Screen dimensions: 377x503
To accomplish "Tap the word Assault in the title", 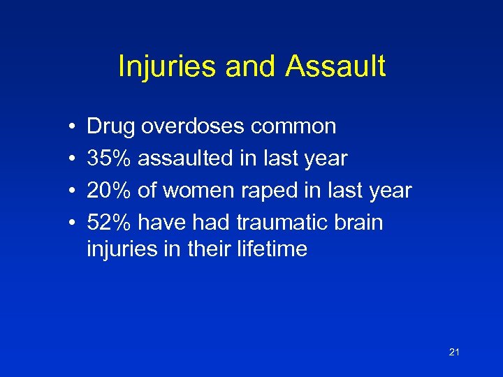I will click(335, 67).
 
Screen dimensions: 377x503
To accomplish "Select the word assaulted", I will click(188, 158).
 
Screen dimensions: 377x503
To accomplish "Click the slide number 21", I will click(454, 353).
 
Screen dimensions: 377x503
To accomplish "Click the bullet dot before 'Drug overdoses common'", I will click(73, 127).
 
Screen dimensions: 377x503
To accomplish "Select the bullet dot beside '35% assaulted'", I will click(73, 159).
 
